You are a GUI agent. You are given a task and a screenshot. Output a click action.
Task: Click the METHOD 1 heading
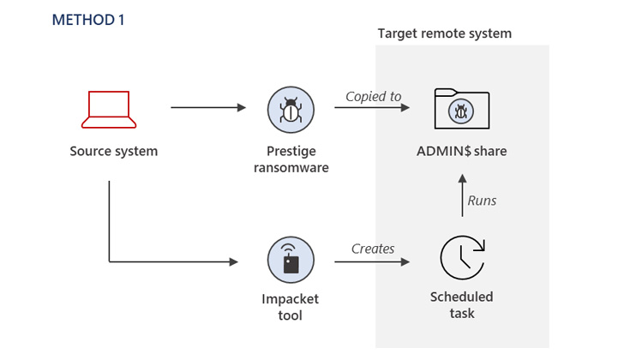(x=88, y=20)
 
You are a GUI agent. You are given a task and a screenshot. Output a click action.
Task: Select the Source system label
(x=114, y=152)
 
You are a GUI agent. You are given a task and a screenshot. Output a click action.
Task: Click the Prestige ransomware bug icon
(x=291, y=109)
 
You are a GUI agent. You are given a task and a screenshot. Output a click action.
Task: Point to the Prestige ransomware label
(x=291, y=159)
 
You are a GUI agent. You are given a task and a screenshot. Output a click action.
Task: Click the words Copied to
(x=373, y=96)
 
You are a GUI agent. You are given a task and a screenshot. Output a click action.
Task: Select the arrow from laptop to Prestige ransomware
(x=208, y=108)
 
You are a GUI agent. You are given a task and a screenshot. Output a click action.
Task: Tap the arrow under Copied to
(x=373, y=108)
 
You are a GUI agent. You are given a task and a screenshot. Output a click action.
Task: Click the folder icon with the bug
(x=461, y=108)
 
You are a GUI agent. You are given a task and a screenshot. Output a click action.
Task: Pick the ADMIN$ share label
(x=462, y=152)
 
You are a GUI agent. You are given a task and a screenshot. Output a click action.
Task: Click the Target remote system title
(x=445, y=33)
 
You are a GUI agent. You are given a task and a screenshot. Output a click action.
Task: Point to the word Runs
(x=482, y=201)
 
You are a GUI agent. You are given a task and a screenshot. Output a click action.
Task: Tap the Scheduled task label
(x=462, y=305)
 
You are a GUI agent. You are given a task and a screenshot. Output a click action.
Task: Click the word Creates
(x=373, y=249)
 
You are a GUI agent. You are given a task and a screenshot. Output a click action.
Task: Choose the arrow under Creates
(x=373, y=261)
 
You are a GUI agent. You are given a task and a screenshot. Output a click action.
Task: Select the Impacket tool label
(x=291, y=308)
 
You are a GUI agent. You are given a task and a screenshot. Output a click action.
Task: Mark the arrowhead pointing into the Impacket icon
(x=233, y=261)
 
